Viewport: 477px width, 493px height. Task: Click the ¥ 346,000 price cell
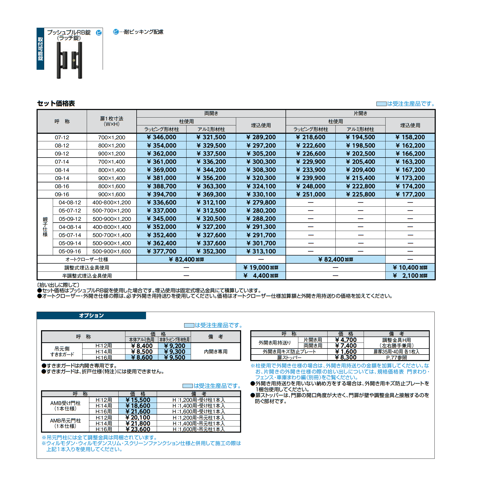point(161,137)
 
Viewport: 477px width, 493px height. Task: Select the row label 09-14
point(62,178)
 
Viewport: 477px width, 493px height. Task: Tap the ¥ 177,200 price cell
point(410,194)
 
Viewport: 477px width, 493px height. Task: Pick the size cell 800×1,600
point(112,186)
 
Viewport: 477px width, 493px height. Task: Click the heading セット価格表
point(56,103)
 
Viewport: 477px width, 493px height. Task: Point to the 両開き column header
point(211,113)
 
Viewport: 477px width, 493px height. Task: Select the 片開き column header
point(360,113)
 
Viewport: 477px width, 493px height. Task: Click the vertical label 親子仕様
point(45,227)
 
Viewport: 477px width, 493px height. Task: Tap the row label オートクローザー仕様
point(87,259)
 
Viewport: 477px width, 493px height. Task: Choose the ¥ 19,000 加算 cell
point(261,268)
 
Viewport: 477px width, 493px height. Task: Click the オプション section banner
point(91,316)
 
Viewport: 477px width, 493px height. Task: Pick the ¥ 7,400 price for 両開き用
point(346,346)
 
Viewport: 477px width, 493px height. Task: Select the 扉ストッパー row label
point(289,358)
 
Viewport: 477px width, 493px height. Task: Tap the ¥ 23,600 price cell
point(138,429)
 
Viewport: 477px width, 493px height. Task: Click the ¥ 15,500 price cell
point(138,400)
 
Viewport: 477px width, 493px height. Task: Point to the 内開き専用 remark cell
point(216,352)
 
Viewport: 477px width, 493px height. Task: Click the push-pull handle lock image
point(69,60)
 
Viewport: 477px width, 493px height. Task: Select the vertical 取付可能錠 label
point(40,49)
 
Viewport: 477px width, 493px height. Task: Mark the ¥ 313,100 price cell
point(261,251)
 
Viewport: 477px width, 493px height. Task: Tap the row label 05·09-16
point(70,251)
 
